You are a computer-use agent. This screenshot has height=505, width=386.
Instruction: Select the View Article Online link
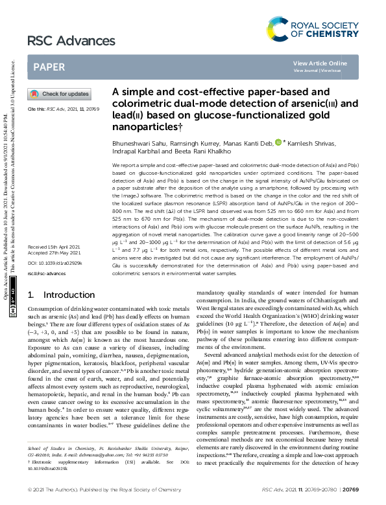(x=320, y=63)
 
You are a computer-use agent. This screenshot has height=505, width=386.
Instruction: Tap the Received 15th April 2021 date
(x=54, y=265)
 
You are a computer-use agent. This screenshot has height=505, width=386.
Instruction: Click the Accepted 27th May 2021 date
(x=54, y=271)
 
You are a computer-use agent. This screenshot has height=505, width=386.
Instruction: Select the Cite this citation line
(x=63, y=110)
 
